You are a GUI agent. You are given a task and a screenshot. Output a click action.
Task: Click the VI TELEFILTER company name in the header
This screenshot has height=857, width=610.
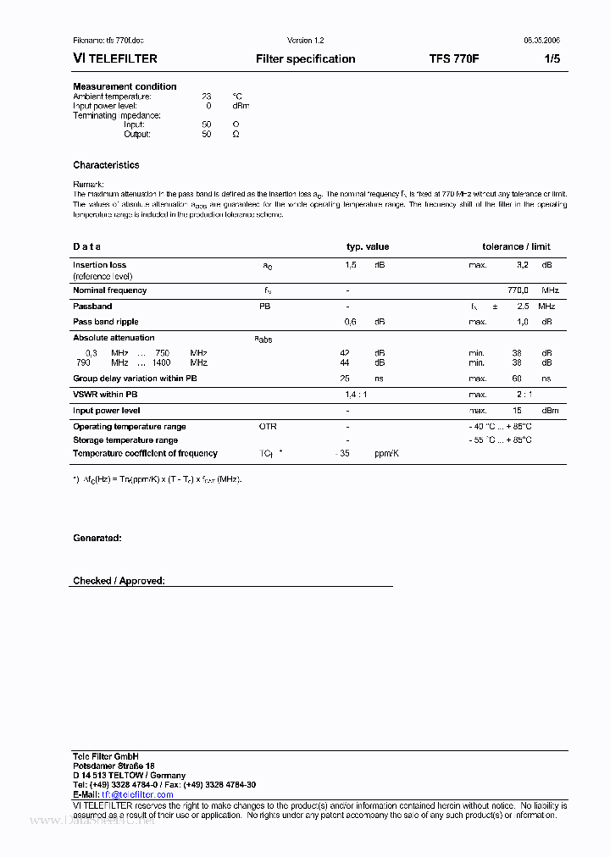115,59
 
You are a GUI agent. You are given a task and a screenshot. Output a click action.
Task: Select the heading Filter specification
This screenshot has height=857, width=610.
305,59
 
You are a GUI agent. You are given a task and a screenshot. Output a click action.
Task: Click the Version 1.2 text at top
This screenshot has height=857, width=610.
305,41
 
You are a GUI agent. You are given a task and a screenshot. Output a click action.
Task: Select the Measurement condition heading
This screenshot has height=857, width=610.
125,86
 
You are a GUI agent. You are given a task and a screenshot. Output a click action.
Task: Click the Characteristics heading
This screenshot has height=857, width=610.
106,165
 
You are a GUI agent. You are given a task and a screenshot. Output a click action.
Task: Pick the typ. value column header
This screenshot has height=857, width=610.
368,246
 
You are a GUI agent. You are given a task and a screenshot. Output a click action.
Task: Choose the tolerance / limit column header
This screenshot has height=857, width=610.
516,246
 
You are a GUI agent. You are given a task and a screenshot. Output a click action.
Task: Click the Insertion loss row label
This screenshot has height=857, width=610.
99,265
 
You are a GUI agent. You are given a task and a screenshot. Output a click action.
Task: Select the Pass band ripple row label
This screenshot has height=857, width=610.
105,322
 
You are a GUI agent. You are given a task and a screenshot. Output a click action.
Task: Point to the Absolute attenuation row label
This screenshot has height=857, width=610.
114,338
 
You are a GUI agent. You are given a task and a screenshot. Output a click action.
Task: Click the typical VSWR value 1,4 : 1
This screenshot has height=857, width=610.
355,395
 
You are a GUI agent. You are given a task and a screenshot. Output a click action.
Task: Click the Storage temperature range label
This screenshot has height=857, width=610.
125,440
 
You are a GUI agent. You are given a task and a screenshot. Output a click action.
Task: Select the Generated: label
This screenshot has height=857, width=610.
97,538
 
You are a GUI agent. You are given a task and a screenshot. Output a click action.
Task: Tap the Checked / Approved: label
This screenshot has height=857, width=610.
119,581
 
